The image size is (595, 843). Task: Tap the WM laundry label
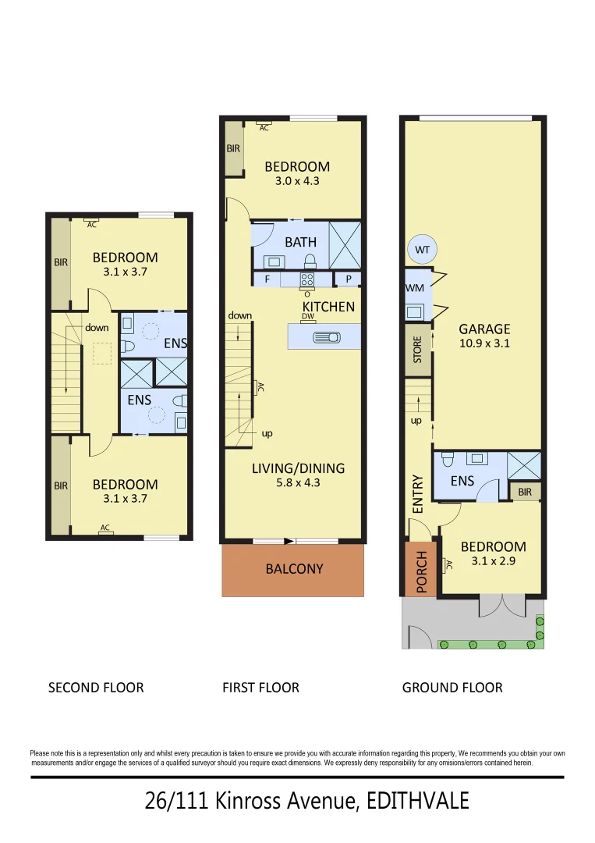click(414, 288)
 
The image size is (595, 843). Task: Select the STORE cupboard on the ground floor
click(417, 350)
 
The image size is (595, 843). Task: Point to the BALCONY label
click(293, 569)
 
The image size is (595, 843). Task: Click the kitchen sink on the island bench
click(324, 337)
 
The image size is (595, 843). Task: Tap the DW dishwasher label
click(307, 316)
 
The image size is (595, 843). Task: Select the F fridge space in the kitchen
click(267, 279)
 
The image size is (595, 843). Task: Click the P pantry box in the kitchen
click(348, 279)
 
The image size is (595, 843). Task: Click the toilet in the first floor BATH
click(310, 261)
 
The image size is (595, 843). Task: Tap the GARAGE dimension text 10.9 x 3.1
click(484, 343)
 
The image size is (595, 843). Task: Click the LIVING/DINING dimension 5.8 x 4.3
click(297, 482)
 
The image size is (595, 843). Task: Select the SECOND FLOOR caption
click(96, 688)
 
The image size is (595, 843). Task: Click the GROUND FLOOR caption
click(452, 688)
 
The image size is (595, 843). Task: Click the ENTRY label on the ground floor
click(417, 493)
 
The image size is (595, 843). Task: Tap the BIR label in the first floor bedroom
click(233, 148)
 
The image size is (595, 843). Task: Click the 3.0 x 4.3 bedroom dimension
click(297, 180)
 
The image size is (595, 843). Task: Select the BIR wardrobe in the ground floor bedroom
click(524, 492)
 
